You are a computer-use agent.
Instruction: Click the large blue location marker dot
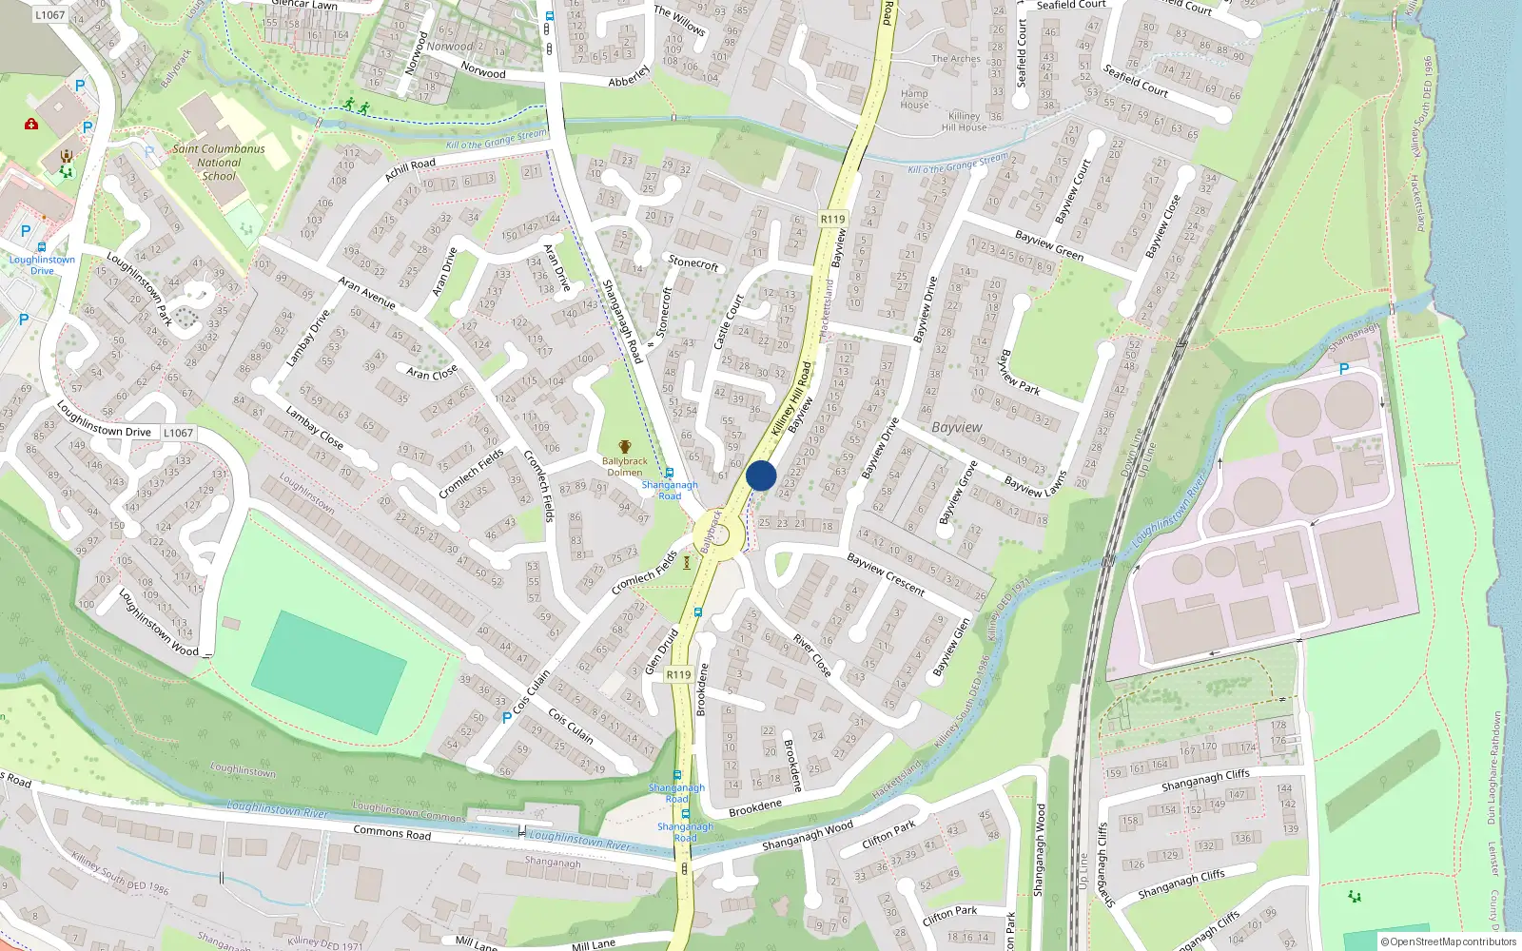click(x=761, y=475)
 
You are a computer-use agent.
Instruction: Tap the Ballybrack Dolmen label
click(x=625, y=467)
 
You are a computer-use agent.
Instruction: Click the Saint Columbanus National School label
click(x=219, y=163)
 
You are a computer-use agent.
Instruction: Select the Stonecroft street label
click(x=693, y=262)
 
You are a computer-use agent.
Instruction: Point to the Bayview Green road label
click(x=1048, y=245)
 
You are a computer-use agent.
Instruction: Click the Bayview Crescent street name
click(x=886, y=574)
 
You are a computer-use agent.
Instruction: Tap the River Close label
click(x=812, y=657)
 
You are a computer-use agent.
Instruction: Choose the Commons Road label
click(x=392, y=833)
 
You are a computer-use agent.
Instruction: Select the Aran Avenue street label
click(x=367, y=293)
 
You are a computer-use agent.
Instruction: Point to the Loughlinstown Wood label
click(x=159, y=623)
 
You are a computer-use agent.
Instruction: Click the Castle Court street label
click(x=729, y=321)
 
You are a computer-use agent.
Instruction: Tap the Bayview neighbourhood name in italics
click(x=957, y=427)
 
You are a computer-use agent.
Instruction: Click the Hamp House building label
click(x=914, y=99)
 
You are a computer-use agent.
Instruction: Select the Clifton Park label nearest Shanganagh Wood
click(x=888, y=834)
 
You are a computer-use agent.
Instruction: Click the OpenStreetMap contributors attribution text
click(x=1449, y=941)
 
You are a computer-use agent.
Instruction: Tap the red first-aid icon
click(x=31, y=124)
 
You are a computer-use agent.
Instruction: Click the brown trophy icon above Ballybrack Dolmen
click(x=625, y=447)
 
